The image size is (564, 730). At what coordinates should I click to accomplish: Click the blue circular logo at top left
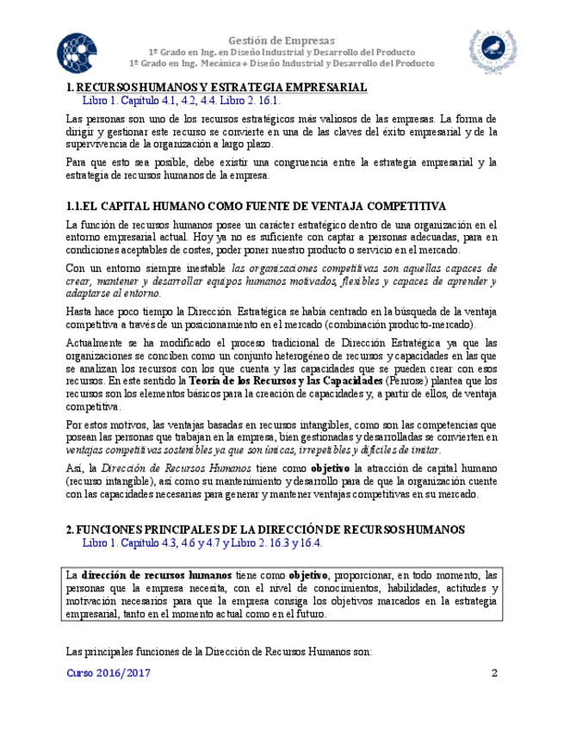coord(79,49)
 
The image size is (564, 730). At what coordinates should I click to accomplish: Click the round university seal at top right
coord(489,50)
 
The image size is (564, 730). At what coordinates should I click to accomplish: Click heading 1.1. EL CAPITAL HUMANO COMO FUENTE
coord(256,207)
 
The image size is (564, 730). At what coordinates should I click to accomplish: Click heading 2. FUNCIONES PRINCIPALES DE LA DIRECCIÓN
coord(265,529)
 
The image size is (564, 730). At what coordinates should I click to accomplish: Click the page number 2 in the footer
coord(494,673)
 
